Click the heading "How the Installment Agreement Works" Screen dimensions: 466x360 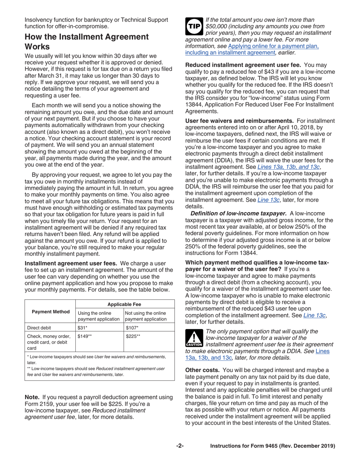click(86, 42)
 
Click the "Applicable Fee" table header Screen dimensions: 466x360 click(125, 304)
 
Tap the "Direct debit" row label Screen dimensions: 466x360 click(39, 328)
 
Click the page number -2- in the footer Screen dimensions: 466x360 click(180, 446)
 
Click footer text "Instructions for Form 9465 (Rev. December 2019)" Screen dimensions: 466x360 click(273, 446)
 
